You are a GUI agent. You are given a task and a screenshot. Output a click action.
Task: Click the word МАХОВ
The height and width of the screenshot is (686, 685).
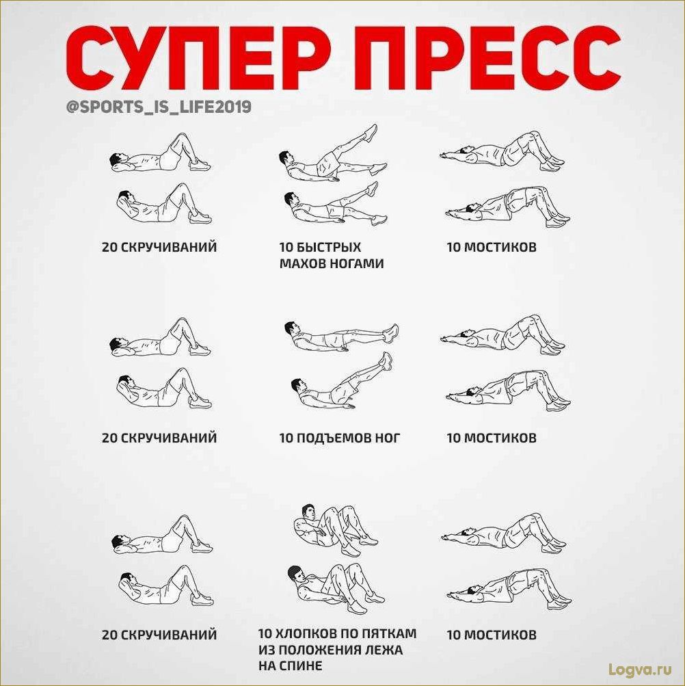(x=303, y=263)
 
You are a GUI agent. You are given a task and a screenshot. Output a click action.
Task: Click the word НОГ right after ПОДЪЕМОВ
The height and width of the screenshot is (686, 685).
(x=387, y=438)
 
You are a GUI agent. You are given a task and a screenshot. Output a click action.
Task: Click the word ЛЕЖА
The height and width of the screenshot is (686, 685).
(x=386, y=649)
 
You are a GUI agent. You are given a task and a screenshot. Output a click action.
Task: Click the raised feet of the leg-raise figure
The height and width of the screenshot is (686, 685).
(x=386, y=361)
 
